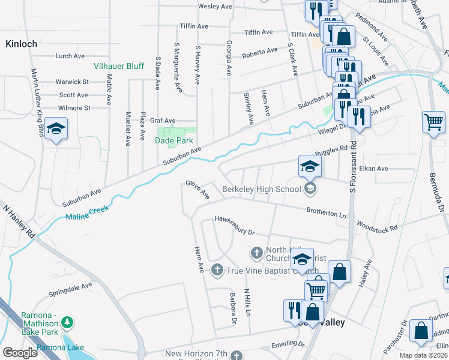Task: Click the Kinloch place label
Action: point(22,44)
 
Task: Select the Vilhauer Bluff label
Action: point(118,66)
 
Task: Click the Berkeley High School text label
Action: point(261,190)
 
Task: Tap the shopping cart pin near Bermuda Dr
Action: point(433,123)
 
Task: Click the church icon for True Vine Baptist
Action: point(217,271)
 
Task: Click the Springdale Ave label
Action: point(70,290)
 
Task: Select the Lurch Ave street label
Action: point(70,56)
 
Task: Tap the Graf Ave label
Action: point(163,121)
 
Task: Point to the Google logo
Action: point(20,353)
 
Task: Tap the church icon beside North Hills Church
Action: point(256,252)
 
